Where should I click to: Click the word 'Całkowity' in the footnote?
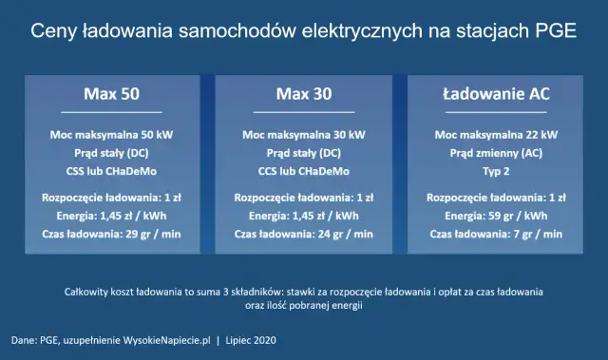click(87, 292)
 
